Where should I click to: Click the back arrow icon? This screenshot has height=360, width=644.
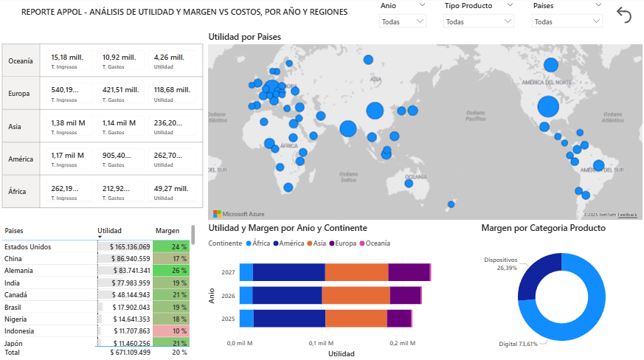[624, 15]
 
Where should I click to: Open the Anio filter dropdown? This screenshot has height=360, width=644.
[403, 21]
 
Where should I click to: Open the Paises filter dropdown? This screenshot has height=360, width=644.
[566, 21]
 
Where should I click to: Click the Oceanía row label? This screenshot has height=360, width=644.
[21, 60]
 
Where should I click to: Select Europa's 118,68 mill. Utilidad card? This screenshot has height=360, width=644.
[172, 93]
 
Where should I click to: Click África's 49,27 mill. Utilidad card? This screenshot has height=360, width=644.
[172, 191]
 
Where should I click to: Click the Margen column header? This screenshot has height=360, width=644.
[167, 230]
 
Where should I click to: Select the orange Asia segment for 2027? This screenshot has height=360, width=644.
[356, 272]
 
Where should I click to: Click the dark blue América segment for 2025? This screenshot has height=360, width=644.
[289, 318]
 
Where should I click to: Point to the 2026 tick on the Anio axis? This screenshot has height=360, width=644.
[228, 295]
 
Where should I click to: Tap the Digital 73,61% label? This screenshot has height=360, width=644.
[518, 345]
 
